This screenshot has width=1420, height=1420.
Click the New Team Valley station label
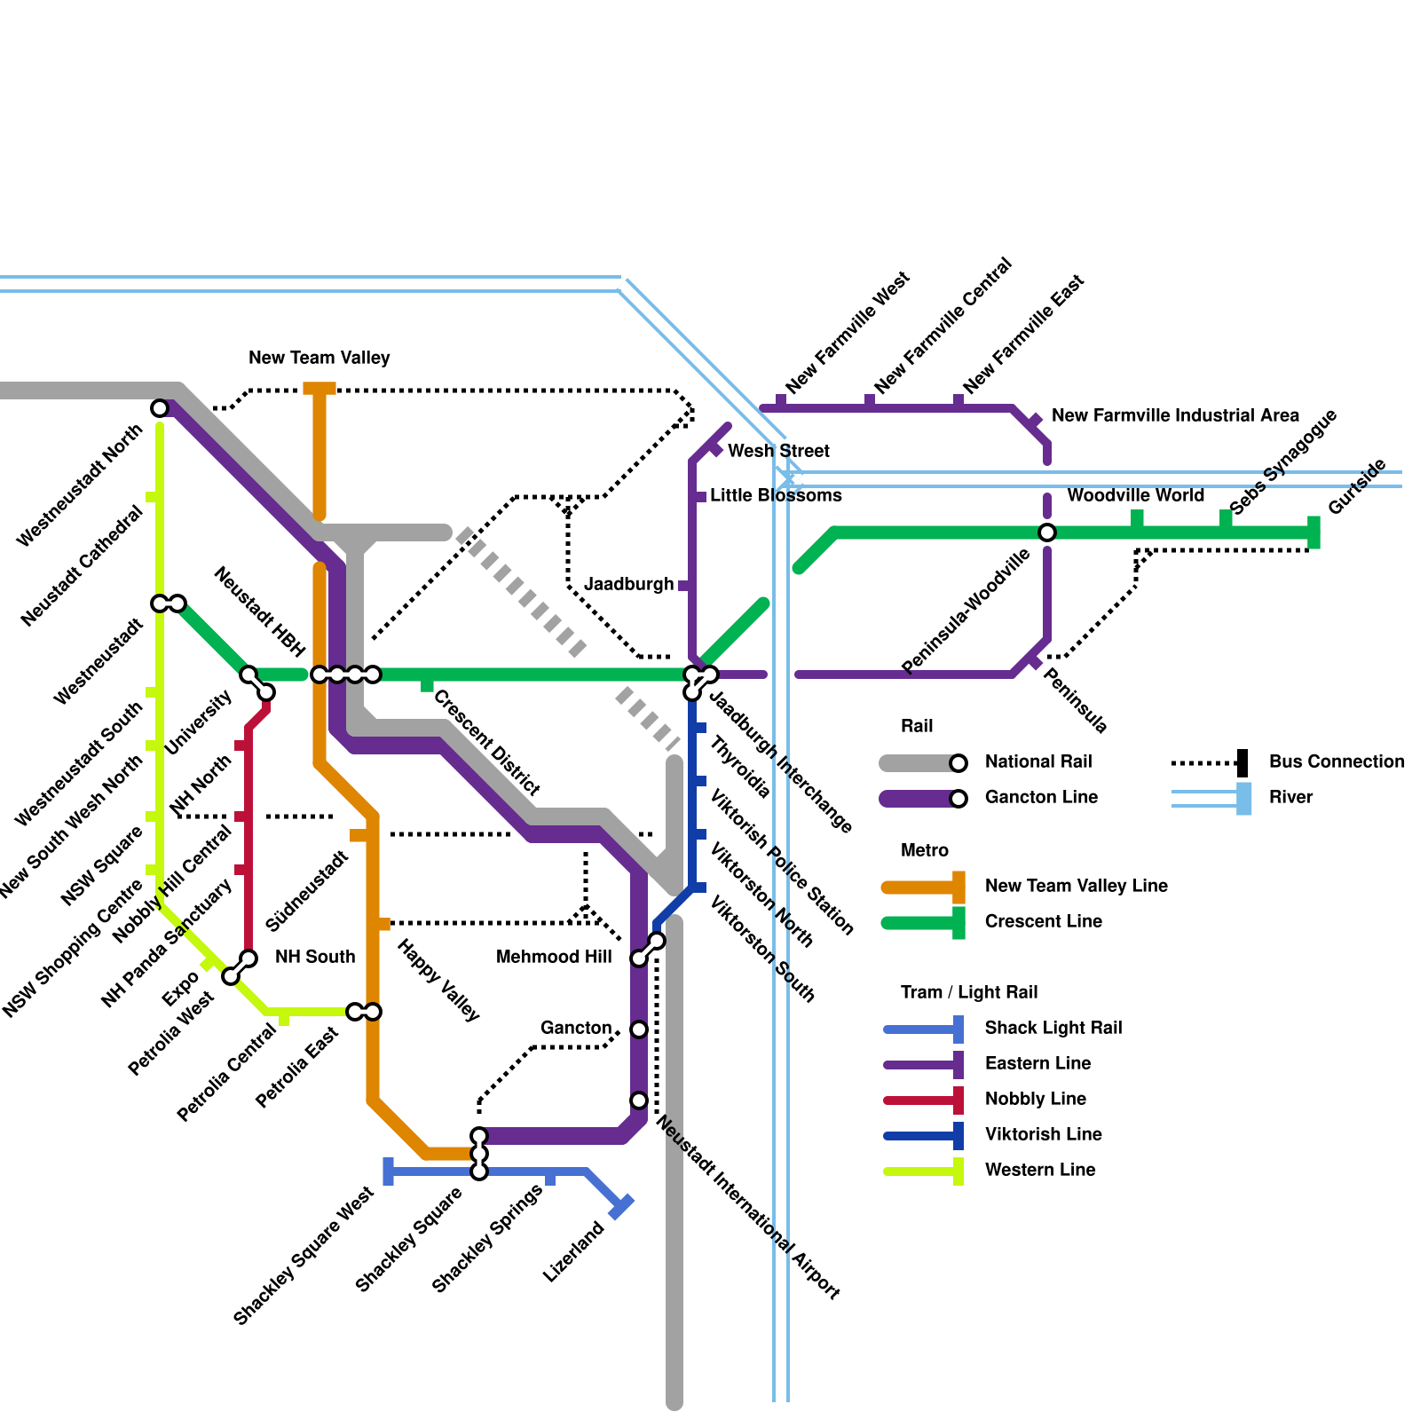pos(319,359)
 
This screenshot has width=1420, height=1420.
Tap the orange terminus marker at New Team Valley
pos(319,389)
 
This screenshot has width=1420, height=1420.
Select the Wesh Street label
pos(778,452)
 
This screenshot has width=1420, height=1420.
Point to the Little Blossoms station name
pos(776,496)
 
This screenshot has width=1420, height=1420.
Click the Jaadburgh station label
pos(629,585)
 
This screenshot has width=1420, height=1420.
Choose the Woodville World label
pos(1135,496)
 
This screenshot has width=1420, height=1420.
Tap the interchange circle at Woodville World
pos(1047,532)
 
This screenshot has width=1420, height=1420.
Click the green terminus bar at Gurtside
pos(1313,532)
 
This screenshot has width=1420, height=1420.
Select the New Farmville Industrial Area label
pos(1175,416)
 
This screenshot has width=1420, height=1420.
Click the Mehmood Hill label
pos(554,958)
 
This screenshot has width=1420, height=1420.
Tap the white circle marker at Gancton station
pos(639,1029)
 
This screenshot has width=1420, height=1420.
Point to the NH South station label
pos(314,958)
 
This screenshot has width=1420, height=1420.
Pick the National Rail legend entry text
pos(1038,762)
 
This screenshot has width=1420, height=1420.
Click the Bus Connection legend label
pos(1337,762)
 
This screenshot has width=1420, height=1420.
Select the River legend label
pos(1290,798)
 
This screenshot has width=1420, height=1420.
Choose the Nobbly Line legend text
pos(1035,1100)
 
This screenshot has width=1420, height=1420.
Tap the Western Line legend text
pos(1040,1171)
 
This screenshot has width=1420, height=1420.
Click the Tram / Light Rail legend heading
pos(969,993)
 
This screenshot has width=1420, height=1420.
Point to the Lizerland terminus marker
pos(622,1206)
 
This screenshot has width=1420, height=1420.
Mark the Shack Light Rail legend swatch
pos(923,1029)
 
